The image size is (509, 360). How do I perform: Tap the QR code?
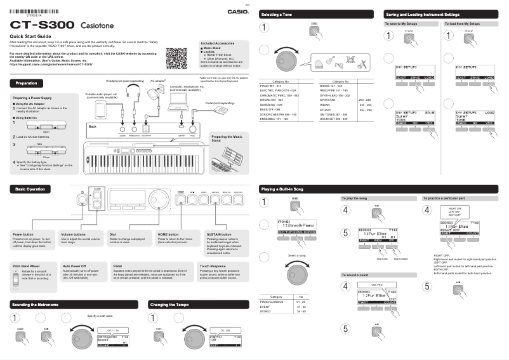point(176,59)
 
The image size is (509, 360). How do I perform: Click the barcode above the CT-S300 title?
point(38,11)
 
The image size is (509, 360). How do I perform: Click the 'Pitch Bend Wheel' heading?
point(27,265)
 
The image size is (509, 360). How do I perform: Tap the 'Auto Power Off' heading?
point(76,265)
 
